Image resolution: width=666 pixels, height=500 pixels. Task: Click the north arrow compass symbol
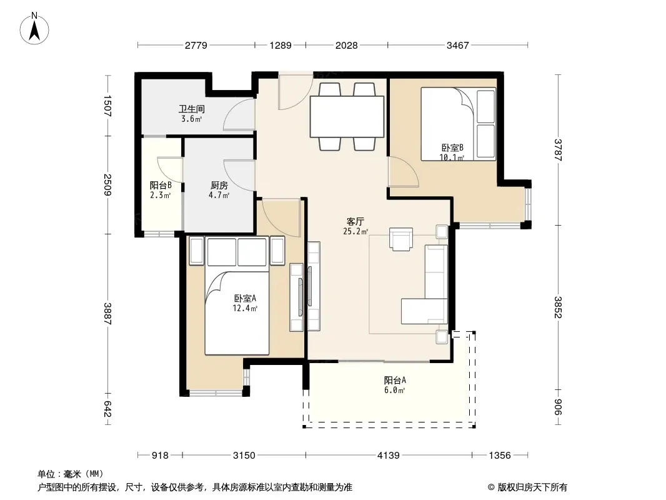click(34, 29)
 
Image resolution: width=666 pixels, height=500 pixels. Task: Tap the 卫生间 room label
click(192, 109)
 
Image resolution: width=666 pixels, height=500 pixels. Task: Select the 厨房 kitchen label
click(219, 185)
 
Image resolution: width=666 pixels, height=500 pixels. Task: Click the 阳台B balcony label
click(161, 185)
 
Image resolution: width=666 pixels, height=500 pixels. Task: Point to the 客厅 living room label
click(355, 221)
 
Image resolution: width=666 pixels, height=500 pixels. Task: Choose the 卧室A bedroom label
click(245, 298)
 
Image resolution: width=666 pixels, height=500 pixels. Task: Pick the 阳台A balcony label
click(395, 380)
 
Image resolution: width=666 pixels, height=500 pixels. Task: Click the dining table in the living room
click(347, 116)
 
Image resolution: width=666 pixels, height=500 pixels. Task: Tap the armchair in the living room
click(401, 239)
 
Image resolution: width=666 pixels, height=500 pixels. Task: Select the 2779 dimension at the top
click(196, 45)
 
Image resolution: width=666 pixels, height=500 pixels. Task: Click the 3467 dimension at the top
click(457, 45)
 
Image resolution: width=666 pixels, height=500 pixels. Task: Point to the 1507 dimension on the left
click(107, 106)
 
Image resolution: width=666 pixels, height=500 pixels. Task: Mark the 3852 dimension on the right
click(558, 307)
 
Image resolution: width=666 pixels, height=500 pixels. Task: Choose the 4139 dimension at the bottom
click(389, 456)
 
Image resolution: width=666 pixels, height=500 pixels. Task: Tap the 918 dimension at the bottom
click(160, 456)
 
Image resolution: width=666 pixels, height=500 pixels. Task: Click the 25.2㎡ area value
click(355, 231)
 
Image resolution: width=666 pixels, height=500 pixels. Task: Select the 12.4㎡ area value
click(245, 308)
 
